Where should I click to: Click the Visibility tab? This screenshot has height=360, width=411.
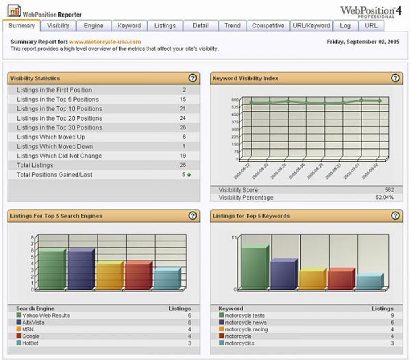point(58,26)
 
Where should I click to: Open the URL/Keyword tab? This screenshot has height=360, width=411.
point(311,26)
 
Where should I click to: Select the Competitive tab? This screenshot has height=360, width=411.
point(268,26)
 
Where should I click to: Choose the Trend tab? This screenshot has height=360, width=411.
point(232,26)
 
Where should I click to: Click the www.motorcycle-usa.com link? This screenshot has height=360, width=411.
point(105,42)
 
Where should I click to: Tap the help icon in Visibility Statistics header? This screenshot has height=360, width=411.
point(193,78)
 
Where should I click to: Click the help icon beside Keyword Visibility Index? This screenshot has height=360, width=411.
point(395,78)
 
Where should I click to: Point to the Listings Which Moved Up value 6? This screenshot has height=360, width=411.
point(184,137)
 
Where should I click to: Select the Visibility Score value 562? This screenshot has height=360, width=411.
point(389,190)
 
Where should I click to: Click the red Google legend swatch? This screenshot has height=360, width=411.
point(19,336)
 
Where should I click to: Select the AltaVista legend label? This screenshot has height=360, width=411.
point(33,323)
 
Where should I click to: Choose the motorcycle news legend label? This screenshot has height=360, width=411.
point(245,323)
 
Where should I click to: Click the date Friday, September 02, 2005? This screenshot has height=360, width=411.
point(363,42)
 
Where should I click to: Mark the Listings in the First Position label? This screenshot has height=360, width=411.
point(54,90)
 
